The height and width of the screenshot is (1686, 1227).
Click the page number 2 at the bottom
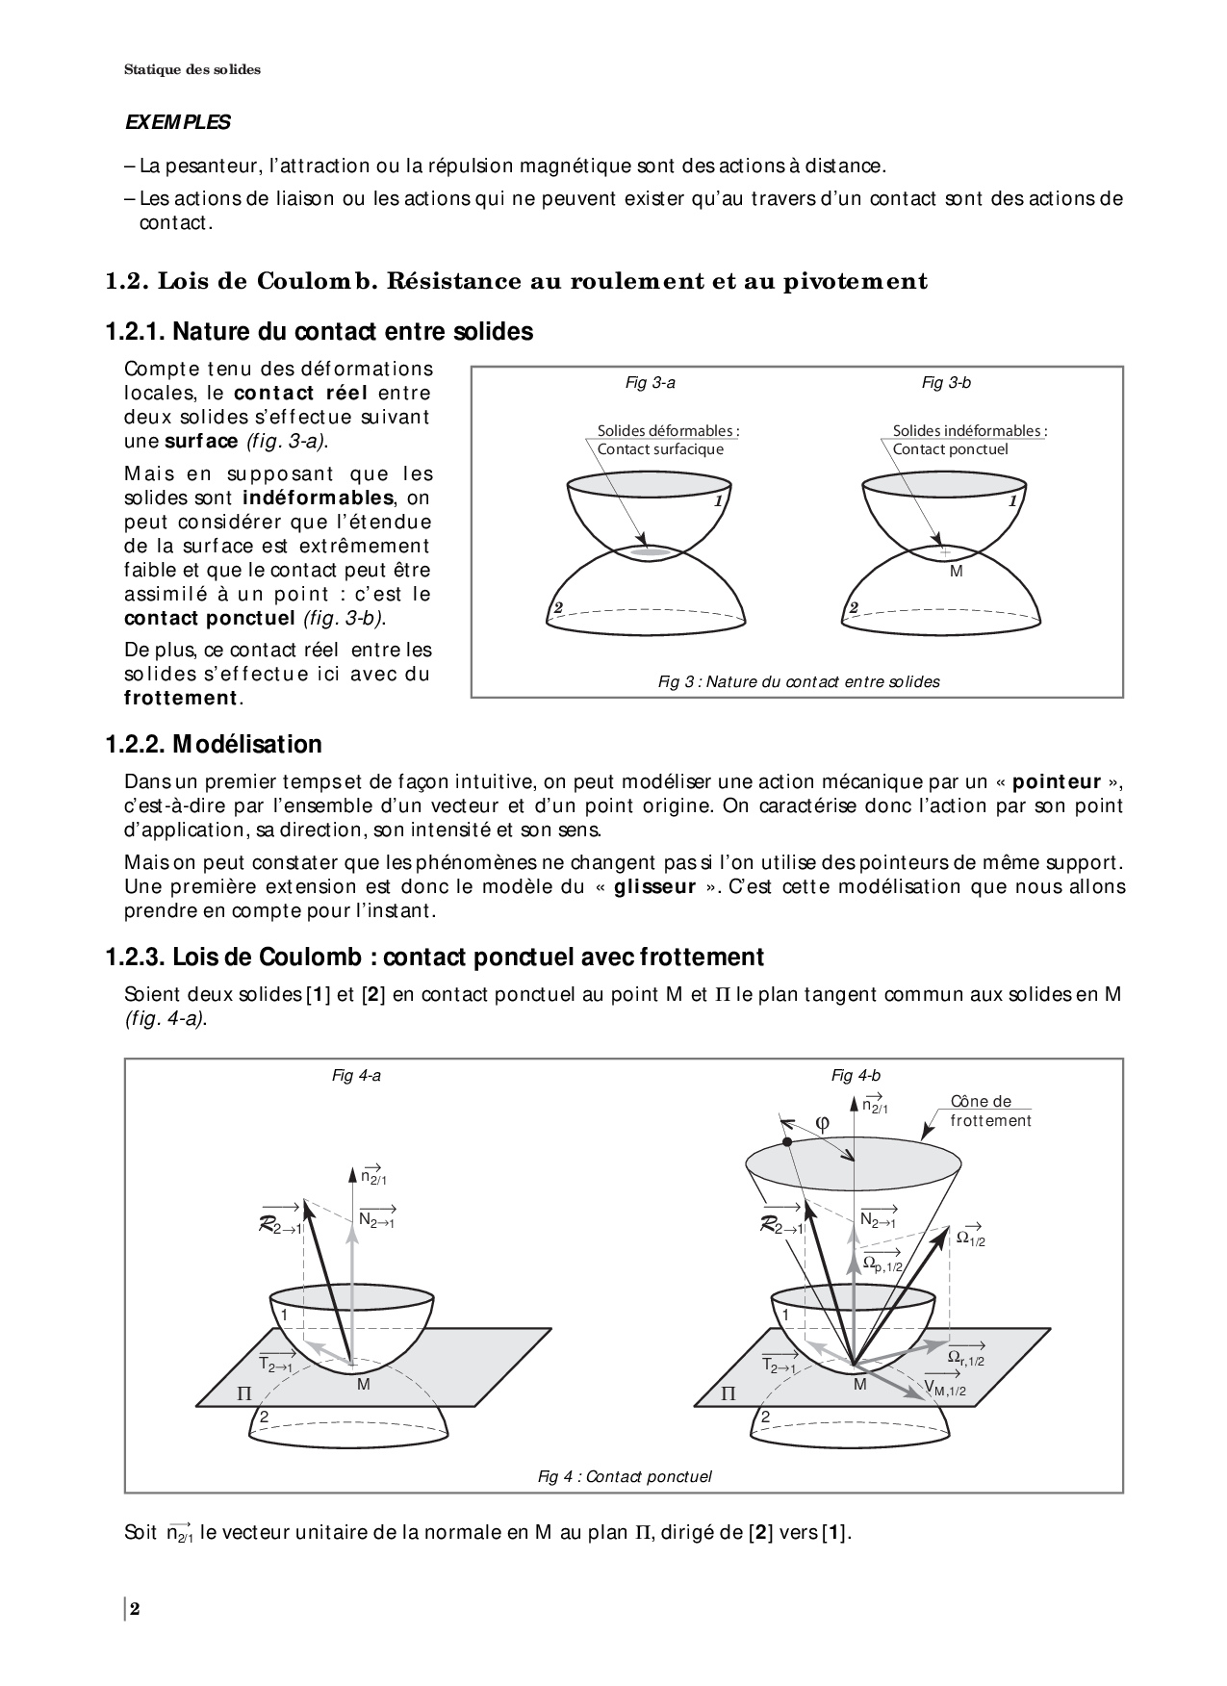click(x=136, y=1609)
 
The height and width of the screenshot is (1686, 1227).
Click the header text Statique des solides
click(x=192, y=69)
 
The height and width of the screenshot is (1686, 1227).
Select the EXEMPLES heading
click(x=178, y=123)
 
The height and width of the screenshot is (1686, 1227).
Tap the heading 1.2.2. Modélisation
click(x=214, y=744)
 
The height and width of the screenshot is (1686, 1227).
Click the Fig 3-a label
click(x=651, y=383)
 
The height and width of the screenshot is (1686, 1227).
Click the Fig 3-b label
click(x=946, y=383)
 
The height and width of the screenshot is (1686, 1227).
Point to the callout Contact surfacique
click(x=660, y=449)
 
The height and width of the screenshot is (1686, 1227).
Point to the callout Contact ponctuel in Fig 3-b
click(x=951, y=449)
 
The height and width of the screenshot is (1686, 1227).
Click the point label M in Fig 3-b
click(x=956, y=571)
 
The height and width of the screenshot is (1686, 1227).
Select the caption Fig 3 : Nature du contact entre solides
click(x=799, y=681)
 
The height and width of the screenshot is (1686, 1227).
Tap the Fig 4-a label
click(x=356, y=1076)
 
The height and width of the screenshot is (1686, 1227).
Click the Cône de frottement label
click(x=990, y=1111)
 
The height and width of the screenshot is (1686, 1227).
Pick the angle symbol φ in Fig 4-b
click(x=822, y=1123)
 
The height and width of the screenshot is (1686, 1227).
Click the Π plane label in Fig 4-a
click(x=243, y=1392)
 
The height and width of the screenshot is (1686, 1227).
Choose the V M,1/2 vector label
click(x=945, y=1387)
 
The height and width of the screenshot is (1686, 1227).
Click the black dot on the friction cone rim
click(x=787, y=1142)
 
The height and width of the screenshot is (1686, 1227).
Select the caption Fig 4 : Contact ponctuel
click(x=625, y=1476)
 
